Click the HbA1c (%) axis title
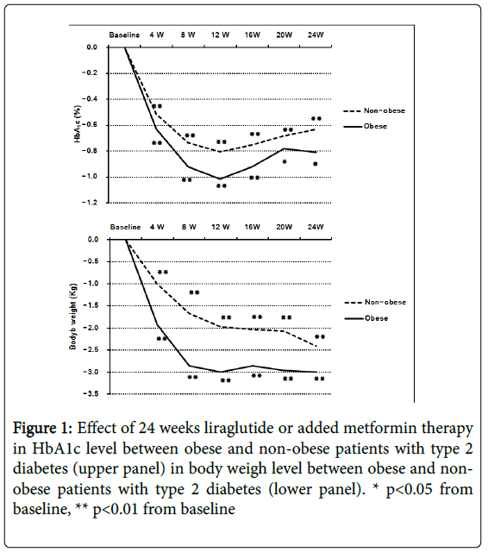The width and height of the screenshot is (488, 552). (x=78, y=124)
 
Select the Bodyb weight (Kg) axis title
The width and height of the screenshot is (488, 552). (x=72, y=317)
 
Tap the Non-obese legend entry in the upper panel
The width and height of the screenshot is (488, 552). (x=374, y=110)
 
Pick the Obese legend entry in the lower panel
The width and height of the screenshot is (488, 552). (x=366, y=318)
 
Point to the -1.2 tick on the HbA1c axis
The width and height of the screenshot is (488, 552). (x=90, y=203)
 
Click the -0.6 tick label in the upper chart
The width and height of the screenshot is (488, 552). (x=90, y=125)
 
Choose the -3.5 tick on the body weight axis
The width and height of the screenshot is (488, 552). (x=91, y=394)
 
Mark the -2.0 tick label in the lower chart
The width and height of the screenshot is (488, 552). (x=91, y=328)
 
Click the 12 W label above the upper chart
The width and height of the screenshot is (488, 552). (x=220, y=34)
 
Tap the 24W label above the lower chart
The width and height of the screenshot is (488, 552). (x=316, y=227)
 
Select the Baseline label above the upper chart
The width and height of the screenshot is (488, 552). (x=124, y=34)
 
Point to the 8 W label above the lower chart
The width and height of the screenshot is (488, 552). (x=189, y=227)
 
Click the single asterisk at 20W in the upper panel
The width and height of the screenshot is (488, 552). (x=285, y=162)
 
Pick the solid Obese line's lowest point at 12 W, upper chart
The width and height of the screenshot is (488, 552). (x=220, y=179)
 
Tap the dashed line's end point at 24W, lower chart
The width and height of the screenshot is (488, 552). (x=316, y=346)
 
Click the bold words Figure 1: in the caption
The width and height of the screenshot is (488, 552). (x=42, y=429)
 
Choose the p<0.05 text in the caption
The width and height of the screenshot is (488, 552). (x=409, y=490)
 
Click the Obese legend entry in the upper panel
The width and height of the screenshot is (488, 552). (x=366, y=127)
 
